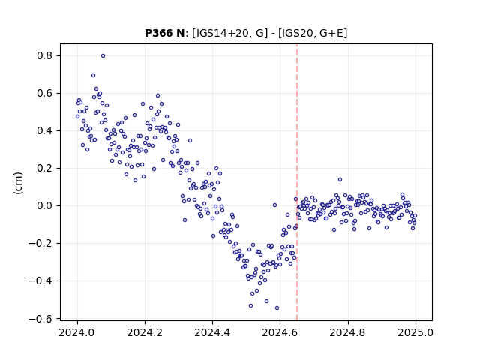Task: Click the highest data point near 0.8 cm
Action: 103,55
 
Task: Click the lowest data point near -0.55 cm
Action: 277,307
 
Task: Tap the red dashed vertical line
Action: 297,182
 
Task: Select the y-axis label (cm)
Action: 18,183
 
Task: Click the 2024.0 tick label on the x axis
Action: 77,332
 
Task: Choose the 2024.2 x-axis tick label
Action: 145,332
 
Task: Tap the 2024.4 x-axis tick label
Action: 212,332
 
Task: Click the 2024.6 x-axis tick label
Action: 280,332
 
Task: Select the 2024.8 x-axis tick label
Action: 348,332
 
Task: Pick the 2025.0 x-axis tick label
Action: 415,332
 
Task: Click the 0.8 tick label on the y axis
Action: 46,55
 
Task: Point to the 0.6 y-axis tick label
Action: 46,93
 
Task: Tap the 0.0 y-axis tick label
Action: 46,205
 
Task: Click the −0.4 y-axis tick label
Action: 41,280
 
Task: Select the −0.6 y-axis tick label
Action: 41,318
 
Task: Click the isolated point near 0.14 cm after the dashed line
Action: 340,180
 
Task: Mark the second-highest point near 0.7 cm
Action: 93,75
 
